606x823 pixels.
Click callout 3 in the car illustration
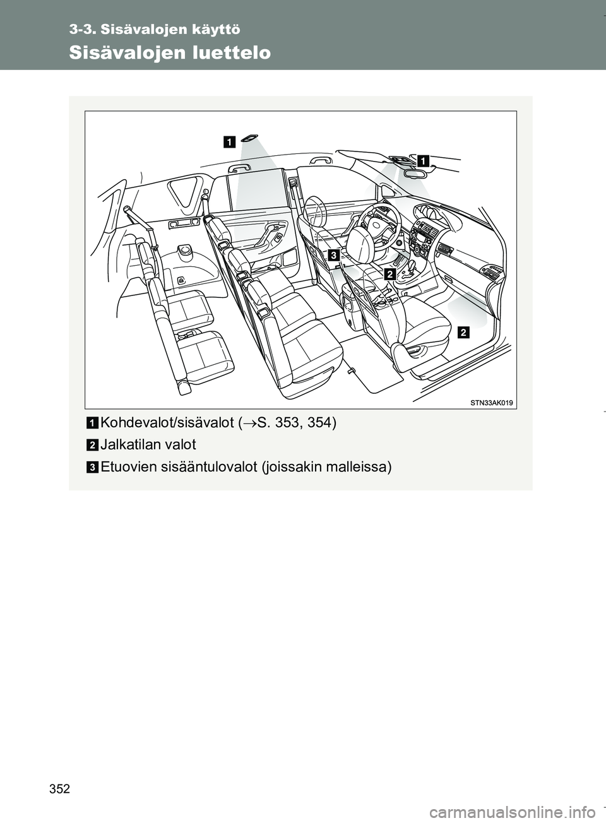333,254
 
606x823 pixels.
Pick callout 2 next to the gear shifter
389,274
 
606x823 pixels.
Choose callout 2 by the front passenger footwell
464,332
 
